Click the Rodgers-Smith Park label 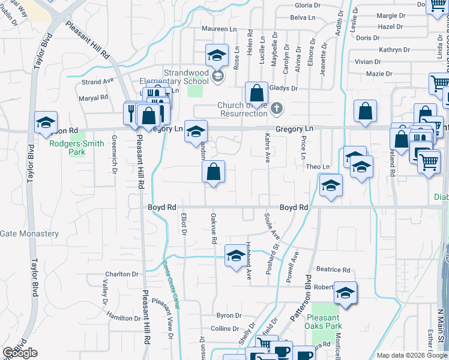[77, 148]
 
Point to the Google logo [20, 353]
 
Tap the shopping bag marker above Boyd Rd [213, 172]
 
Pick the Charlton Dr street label [122, 274]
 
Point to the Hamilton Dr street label [123, 316]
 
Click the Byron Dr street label [229, 316]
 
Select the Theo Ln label [318, 167]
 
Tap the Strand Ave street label [97, 82]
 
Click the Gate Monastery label [29, 234]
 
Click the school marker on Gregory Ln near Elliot [195, 131]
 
